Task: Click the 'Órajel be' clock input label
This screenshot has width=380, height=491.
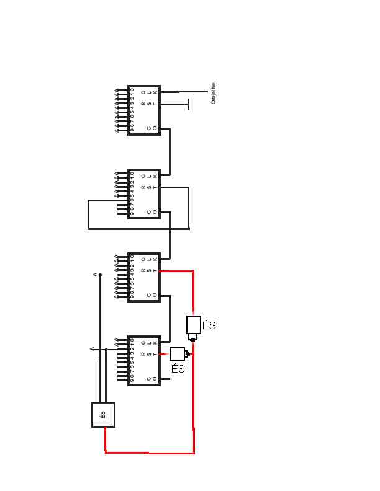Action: point(214,94)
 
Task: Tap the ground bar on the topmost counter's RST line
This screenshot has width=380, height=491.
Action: point(188,104)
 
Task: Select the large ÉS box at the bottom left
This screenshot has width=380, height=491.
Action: point(104,415)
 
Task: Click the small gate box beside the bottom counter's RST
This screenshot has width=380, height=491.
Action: point(177,354)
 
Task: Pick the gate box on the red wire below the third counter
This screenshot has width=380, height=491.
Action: point(194,325)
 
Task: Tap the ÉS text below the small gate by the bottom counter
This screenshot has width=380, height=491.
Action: point(178,369)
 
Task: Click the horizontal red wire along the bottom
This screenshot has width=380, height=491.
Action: point(149,453)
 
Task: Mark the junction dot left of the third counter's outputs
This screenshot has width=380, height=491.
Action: point(101,275)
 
